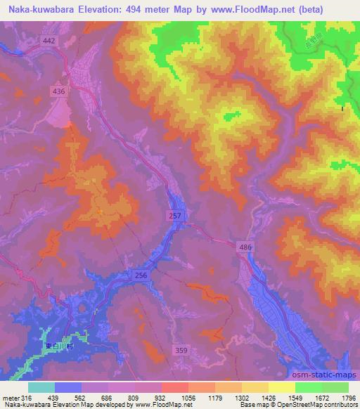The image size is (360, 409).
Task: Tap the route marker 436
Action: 60,91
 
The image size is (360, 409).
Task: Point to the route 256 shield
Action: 141,276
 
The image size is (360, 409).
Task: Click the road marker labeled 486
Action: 243,248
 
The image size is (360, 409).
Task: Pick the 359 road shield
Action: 181,349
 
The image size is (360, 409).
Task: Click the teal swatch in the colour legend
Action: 42,387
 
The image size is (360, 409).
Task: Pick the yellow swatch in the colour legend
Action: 282,387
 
